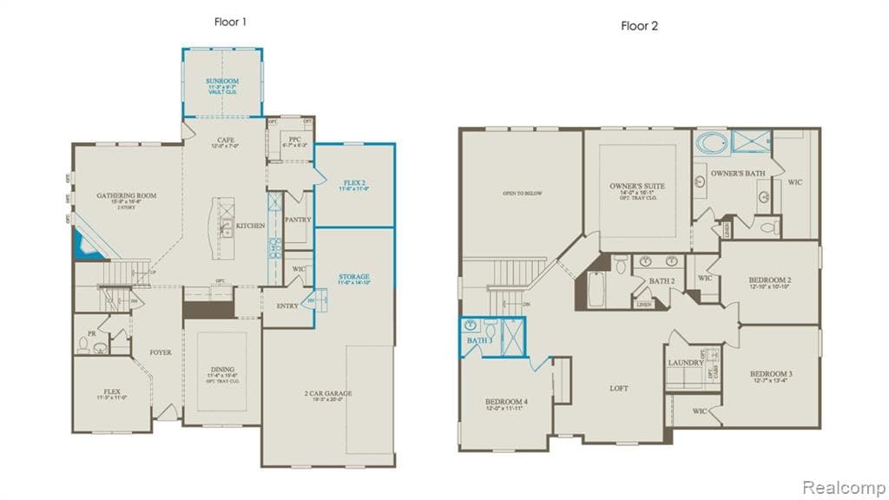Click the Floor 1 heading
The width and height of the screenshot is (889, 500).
tap(230, 22)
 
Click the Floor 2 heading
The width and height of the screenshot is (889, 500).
tap(639, 25)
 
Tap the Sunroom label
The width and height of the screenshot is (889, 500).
tap(221, 82)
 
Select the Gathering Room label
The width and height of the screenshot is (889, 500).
tap(126, 196)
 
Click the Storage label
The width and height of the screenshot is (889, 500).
tap(354, 277)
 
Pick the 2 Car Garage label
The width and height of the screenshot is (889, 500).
tap(328, 393)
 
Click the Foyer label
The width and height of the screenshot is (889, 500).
tap(160, 352)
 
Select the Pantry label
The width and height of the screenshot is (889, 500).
tap(297, 220)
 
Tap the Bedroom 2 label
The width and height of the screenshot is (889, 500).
tap(769, 280)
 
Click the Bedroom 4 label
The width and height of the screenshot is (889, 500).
tap(506, 402)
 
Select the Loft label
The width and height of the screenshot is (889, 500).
tap(618, 388)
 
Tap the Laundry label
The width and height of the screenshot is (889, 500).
tap(685, 362)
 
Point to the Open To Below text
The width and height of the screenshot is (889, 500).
tap(522, 193)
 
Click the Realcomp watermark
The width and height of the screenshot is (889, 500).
tap(843, 486)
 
